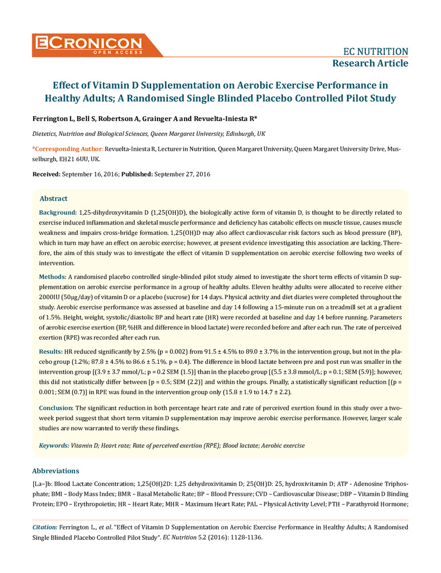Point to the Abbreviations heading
[55, 471]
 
